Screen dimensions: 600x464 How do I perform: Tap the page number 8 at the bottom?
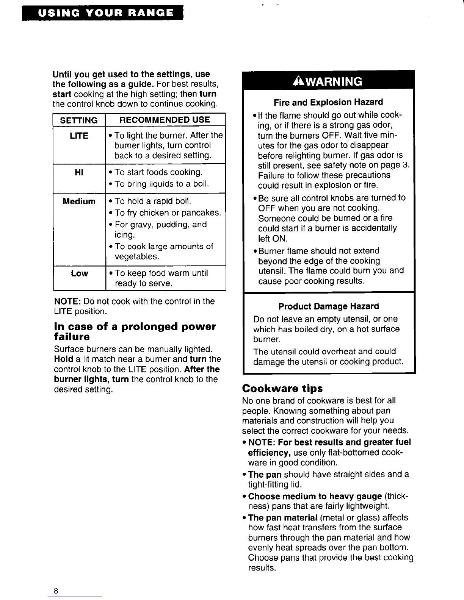tap(56, 591)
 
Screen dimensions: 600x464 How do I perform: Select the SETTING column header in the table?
tap(79, 120)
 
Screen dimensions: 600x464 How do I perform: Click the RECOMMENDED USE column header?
tap(165, 120)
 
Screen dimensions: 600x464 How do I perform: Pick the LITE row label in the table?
tap(79, 136)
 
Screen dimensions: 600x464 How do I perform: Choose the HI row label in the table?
tap(79, 172)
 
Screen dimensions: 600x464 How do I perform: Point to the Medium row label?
tap(79, 201)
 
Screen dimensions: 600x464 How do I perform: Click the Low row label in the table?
tap(79, 273)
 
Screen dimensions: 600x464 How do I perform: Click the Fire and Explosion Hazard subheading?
tap(328, 102)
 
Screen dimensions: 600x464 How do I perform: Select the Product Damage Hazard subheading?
tap(328, 306)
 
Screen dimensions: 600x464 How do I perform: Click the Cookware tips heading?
tap(282, 389)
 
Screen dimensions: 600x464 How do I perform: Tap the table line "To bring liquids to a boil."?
tap(161, 184)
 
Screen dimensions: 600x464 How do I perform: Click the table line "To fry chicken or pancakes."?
tap(167, 213)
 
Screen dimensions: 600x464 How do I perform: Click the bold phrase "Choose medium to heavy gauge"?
tap(315, 497)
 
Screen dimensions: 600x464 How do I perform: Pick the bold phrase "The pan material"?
tap(282, 518)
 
